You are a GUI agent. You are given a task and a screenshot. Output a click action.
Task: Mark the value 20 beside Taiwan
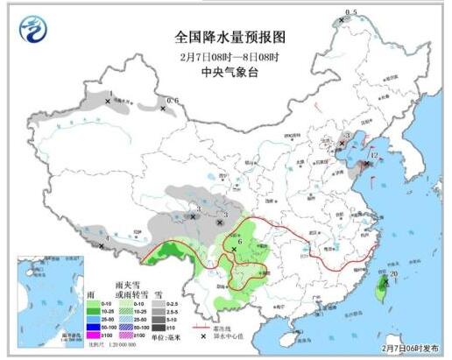[393, 274]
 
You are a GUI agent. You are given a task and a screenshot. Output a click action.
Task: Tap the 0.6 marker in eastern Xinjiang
[172, 101]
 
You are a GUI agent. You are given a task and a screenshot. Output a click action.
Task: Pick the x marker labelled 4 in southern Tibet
[102, 246]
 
